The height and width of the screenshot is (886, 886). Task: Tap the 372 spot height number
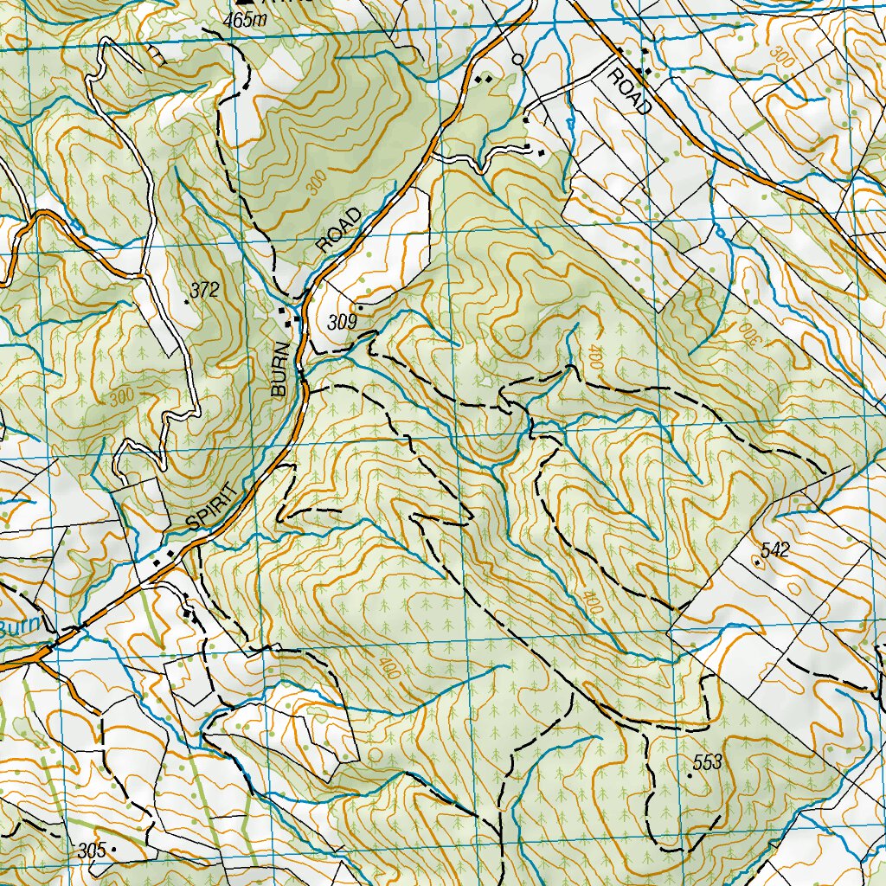click(205, 290)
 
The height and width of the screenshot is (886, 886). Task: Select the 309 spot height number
click(343, 323)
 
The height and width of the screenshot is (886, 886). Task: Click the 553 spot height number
click(707, 762)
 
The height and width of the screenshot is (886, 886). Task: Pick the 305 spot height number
click(91, 851)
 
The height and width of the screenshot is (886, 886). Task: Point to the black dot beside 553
click(690, 776)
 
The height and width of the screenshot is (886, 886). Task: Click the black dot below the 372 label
click(188, 303)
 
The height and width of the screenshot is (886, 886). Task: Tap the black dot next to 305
click(113, 851)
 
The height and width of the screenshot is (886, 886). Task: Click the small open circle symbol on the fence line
click(517, 60)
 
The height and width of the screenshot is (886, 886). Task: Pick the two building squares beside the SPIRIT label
click(164, 557)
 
